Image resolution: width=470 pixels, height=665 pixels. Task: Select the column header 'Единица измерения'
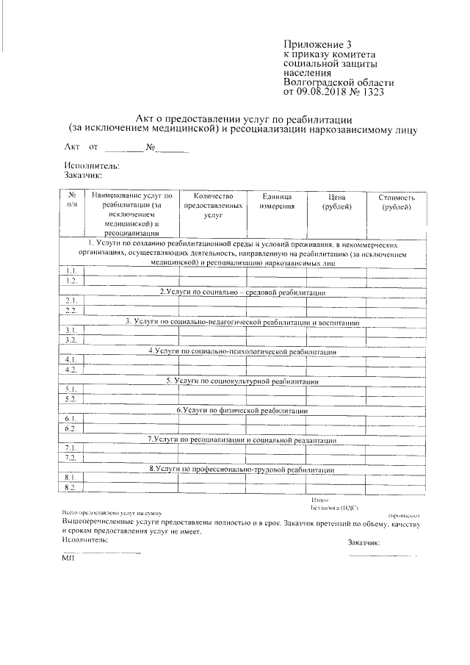point(277,202)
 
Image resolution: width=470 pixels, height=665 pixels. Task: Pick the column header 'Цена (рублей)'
point(337,202)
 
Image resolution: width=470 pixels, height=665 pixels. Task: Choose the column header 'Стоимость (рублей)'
point(397,202)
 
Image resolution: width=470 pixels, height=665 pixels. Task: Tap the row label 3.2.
point(71,339)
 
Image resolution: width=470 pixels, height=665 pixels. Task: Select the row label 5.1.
point(71,389)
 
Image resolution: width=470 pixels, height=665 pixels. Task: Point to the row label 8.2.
point(71,487)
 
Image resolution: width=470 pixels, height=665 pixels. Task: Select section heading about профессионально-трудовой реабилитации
point(242,469)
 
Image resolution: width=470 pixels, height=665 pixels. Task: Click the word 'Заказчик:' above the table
point(82,175)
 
